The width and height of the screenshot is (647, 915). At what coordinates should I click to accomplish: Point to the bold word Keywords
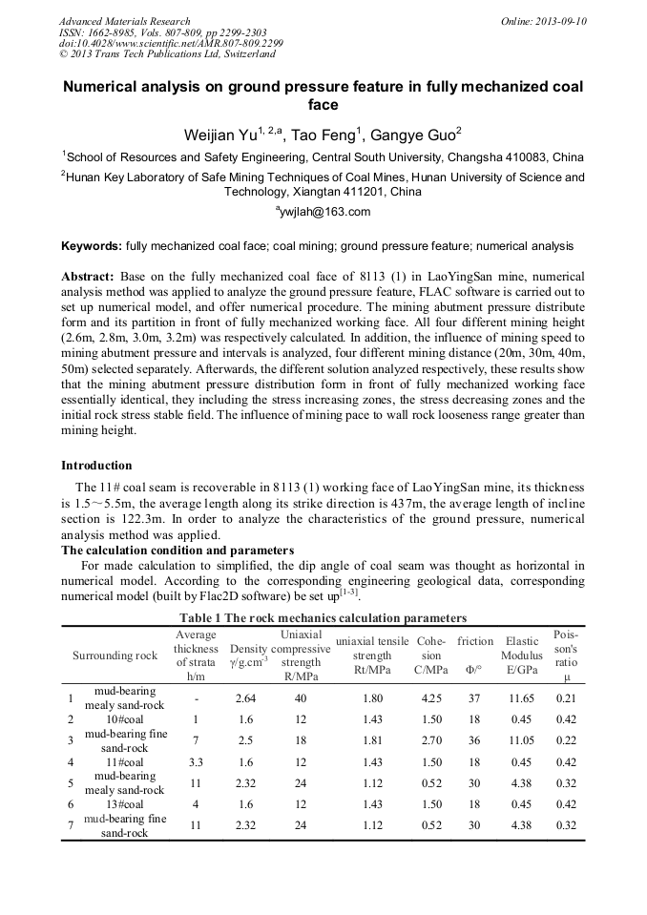click(x=92, y=246)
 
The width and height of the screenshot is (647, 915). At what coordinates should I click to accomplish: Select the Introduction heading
click(x=96, y=466)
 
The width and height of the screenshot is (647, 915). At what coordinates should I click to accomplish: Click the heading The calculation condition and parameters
click(x=177, y=550)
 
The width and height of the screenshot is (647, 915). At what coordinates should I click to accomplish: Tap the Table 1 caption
click(x=323, y=618)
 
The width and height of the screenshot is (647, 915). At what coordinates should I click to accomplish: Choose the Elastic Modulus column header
click(x=522, y=649)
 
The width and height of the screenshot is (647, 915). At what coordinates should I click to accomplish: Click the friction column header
click(x=475, y=642)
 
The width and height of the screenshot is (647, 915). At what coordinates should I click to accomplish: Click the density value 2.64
click(x=245, y=697)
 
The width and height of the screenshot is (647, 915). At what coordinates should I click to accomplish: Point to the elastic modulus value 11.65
click(x=522, y=697)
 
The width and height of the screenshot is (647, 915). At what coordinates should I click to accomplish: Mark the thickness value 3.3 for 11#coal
click(x=196, y=761)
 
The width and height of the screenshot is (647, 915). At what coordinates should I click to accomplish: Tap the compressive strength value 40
click(x=301, y=697)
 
